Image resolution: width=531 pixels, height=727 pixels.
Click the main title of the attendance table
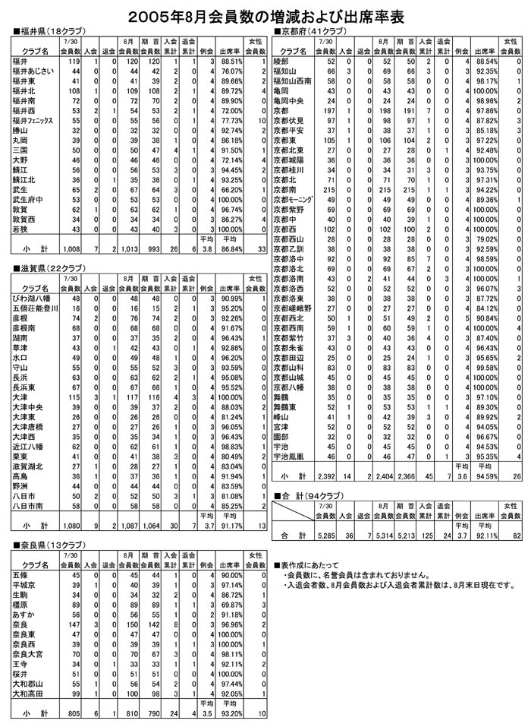(265, 14)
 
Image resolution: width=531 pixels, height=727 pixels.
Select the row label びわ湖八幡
(30, 299)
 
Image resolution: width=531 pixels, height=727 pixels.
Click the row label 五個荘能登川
(35, 308)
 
